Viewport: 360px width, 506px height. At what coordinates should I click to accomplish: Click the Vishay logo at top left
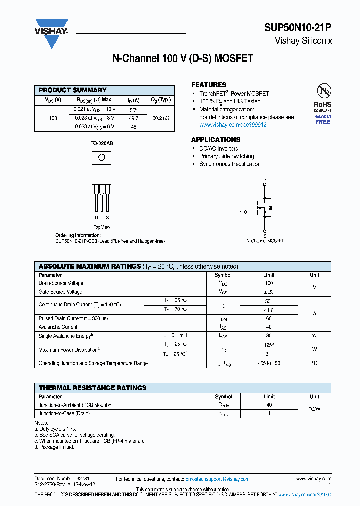coord(51,33)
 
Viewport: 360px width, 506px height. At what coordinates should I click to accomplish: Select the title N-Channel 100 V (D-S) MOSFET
coord(182,58)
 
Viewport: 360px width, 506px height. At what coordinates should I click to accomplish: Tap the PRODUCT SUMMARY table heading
coord(73,90)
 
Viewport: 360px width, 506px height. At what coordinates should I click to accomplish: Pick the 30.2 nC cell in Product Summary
coord(160,118)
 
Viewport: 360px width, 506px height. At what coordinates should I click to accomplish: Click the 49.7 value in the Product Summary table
coord(133,118)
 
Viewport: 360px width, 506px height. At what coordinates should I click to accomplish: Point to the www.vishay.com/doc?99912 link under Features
coord(233,125)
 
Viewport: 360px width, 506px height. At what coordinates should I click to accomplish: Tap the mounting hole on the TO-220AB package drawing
coord(101,158)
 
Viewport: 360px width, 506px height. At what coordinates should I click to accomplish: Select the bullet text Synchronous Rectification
coord(230,164)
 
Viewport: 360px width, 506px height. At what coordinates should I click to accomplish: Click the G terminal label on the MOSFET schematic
coord(240,212)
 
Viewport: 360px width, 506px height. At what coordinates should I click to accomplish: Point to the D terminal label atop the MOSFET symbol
coord(265,178)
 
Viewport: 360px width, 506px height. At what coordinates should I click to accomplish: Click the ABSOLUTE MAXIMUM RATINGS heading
coord(90,266)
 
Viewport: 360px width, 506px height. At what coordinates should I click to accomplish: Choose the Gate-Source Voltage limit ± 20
coord(269,292)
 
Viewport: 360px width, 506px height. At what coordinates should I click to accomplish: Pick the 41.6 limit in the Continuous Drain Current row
coord(269,310)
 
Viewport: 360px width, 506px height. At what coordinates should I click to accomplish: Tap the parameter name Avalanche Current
coord(58,327)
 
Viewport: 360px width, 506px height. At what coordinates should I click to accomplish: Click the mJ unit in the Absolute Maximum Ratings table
coord(314,336)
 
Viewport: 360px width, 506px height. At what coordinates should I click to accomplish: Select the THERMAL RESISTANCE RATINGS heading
coord(93,388)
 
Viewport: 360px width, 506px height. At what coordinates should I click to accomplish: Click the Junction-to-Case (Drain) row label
coord(64,414)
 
